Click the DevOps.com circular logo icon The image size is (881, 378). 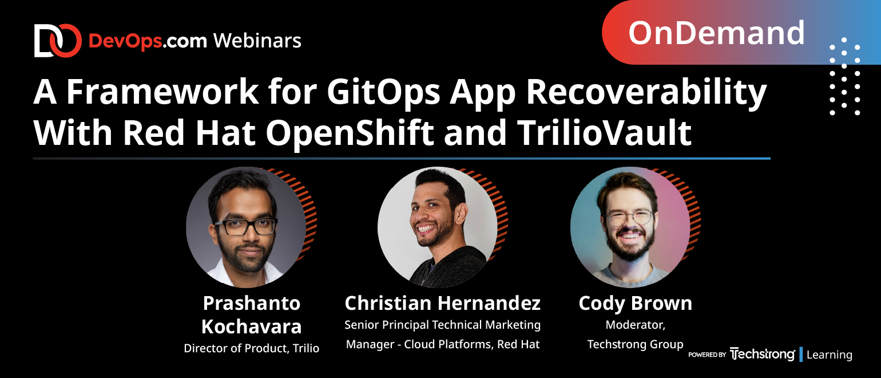point(58,41)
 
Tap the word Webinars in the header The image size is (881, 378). point(257,41)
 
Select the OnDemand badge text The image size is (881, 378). point(716,33)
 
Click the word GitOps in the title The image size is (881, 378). point(383,92)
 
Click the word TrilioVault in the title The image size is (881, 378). point(604,132)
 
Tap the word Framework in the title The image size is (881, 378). point(162,92)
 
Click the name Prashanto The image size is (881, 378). point(252,304)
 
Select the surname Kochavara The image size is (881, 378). point(252,327)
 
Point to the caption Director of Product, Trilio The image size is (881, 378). point(252,348)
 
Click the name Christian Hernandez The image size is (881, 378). point(442,303)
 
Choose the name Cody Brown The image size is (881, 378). point(635,304)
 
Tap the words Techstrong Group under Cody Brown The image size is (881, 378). point(635,345)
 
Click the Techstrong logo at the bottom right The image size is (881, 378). point(762,355)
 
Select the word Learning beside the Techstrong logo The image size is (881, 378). point(830,355)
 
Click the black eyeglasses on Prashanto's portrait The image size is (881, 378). point(246,227)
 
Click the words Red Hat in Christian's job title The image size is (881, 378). point(518,345)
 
